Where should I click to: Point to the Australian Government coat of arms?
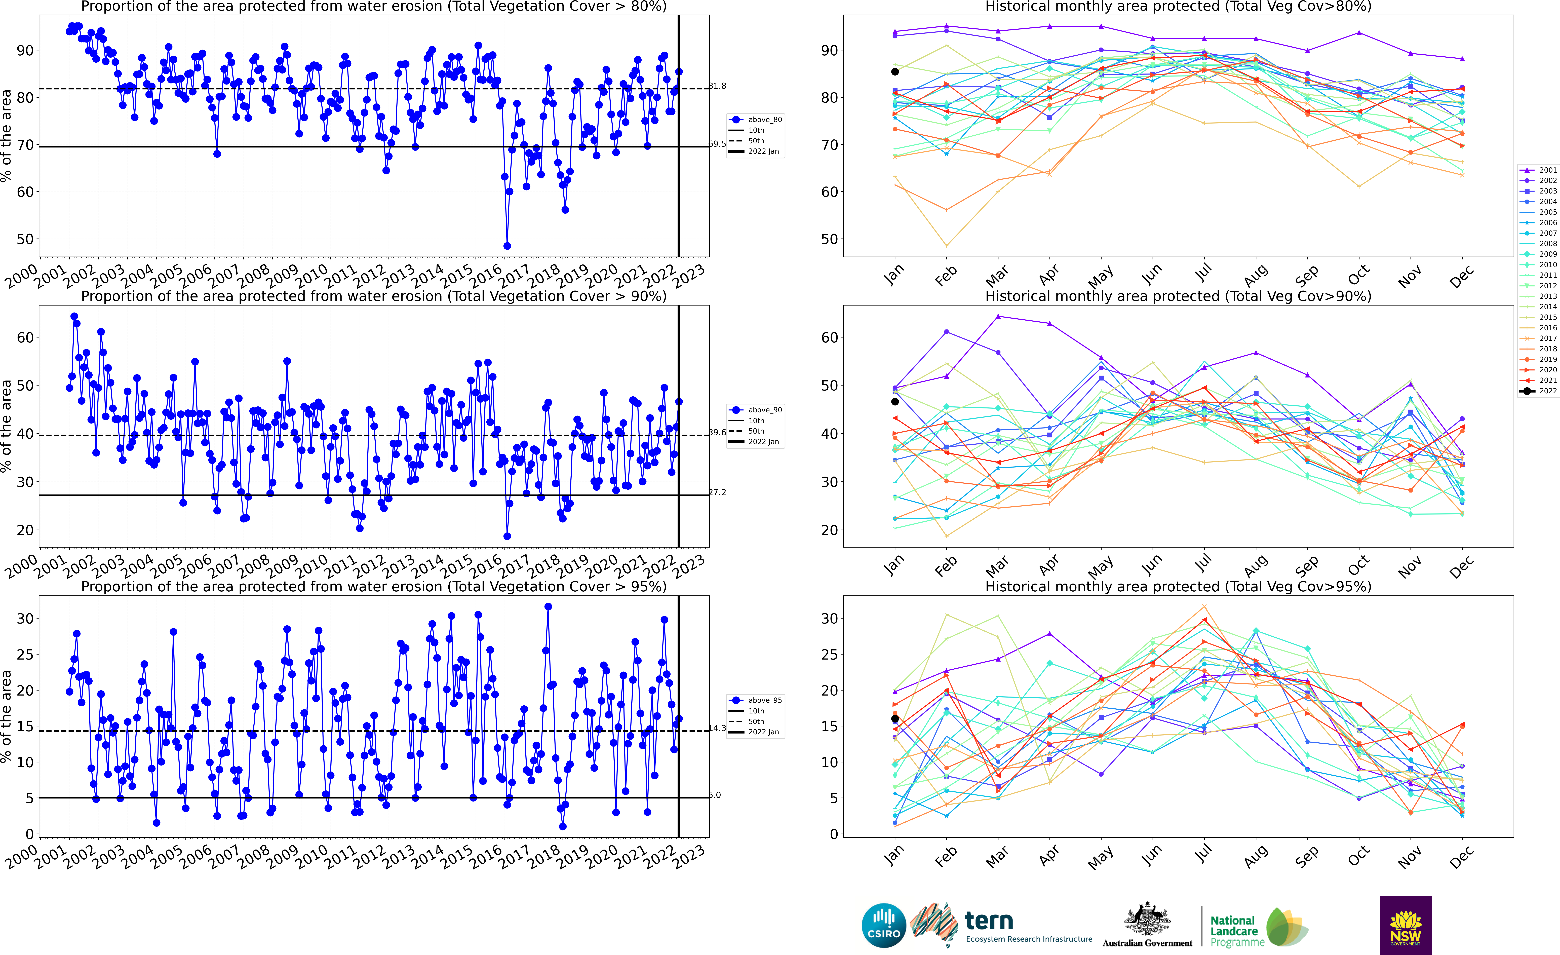pyautogui.click(x=1147, y=921)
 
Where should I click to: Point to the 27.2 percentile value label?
pyautogui.click(x=717, y=492)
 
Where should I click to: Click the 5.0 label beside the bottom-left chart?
pyautogui.click(x=715, y=795)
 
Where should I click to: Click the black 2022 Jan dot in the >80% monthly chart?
pyautogui.click(x=895, y=71)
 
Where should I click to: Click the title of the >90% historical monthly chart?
pyautogui.click(x=1178, y=296)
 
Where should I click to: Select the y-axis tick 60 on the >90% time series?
pyautogui.click(x=25, y=337)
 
